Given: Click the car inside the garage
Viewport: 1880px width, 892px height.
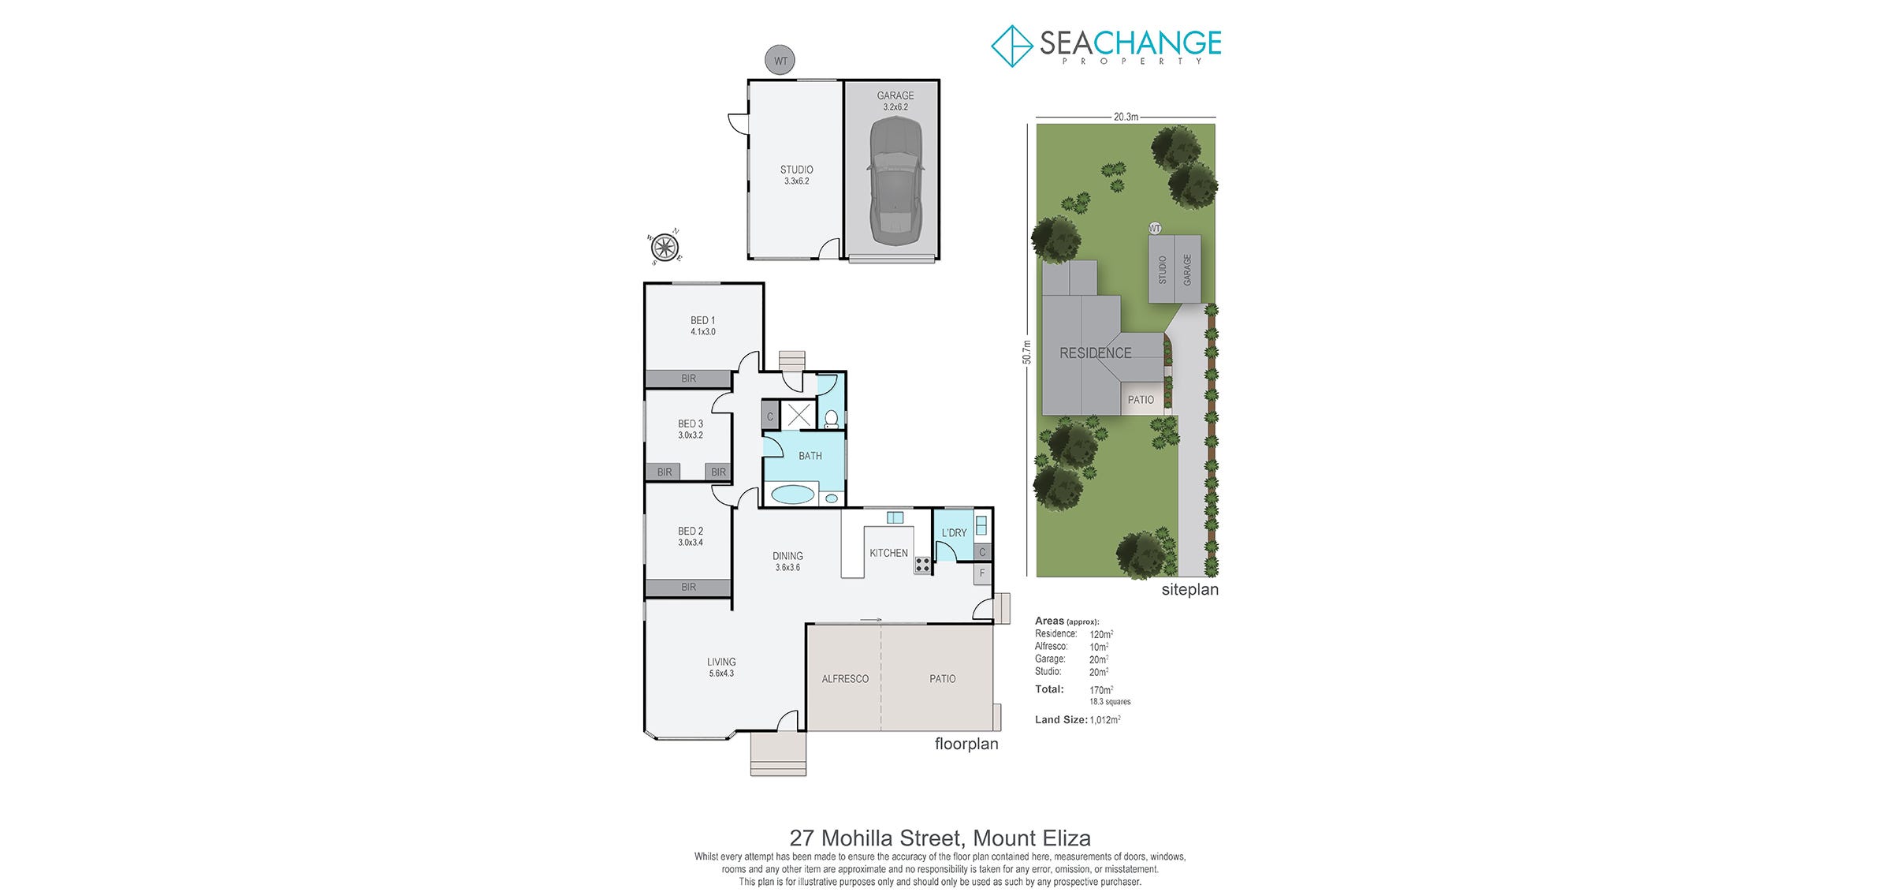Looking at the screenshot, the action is click(x=895, y=181).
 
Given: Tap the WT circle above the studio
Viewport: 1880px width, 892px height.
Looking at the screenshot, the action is click(x=780, y=61).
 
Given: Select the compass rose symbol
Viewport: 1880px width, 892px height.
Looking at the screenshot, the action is click(x=664, y=247).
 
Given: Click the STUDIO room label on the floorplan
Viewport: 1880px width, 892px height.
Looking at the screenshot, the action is click(x=796, y=170).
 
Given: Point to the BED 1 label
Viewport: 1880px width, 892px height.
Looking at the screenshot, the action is click(x=702, y=320).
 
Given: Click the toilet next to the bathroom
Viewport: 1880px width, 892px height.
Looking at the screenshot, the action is click(x=831, y=419).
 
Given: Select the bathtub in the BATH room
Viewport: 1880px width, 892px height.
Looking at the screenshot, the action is click(x=792, y=495).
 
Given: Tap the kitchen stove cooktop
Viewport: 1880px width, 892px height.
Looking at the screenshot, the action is click(x=922, y=564).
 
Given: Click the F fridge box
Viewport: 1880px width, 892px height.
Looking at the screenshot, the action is click(x=982, y=573).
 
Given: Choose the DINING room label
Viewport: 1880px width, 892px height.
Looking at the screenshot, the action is click(x=787, y=556).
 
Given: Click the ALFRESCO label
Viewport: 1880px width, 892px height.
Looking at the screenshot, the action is click(x=845, y=679).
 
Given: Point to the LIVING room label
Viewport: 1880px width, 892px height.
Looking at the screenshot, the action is click(x=721, y=662).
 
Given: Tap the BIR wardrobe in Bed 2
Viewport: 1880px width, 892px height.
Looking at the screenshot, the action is click(x=688, y=588).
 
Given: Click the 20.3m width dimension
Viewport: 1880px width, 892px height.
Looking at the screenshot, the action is click(x=1126, y=117).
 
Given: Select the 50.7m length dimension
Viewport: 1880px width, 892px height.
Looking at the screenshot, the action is click(x=1026, y=352).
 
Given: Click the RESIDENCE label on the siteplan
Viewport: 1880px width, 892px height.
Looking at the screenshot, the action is click(x=1095, y=353).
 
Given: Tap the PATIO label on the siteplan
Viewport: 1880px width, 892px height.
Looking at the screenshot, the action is click(x=1141, y=400).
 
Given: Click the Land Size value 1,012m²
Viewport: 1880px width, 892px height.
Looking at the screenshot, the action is click(x=1105, y=719).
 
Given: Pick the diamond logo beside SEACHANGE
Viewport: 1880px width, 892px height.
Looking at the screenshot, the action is click(x=1012, y=46).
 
